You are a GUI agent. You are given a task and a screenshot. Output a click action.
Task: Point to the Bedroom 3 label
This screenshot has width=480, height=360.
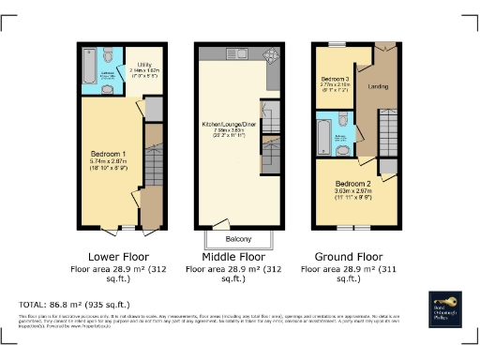[x=335, y=78]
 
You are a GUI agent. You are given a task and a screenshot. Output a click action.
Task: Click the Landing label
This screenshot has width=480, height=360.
[x=379, y=87]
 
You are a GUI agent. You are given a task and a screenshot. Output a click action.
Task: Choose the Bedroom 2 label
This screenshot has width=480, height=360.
[x=352, y=184]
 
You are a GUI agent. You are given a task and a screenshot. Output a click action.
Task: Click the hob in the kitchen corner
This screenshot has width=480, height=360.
[x=274, y=52]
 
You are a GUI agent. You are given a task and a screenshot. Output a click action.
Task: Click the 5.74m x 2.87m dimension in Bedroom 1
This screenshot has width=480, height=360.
[x=104, y=162]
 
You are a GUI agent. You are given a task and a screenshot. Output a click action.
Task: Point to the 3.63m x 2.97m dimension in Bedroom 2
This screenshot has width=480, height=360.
[x=352, y=193]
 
